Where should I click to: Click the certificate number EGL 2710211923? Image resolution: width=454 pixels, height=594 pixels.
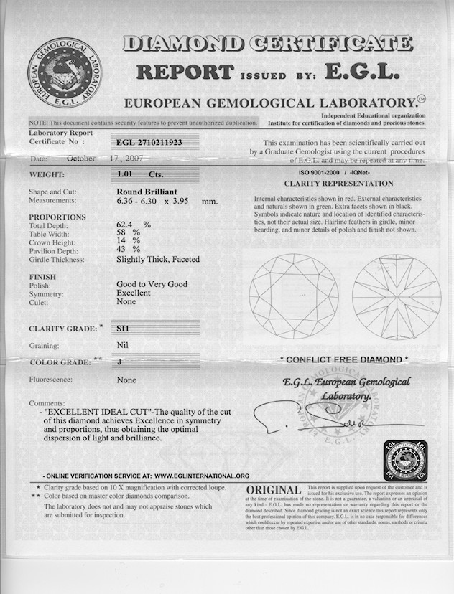tap(149, 143)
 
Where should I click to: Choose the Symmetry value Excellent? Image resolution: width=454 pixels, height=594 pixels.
tap(134, 293)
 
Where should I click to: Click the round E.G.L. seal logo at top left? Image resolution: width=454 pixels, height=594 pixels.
tap(65, 74)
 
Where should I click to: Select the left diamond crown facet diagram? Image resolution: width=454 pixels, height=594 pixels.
tap(294, 296)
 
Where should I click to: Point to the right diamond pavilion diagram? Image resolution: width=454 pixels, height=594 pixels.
tap(397, 296)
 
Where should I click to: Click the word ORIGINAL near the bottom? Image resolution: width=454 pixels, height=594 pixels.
tap(274, 489)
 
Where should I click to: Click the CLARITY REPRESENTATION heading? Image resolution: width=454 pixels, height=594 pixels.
tap(339, 184)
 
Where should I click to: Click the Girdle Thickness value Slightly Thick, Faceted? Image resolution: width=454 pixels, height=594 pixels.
tap(158, 259)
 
